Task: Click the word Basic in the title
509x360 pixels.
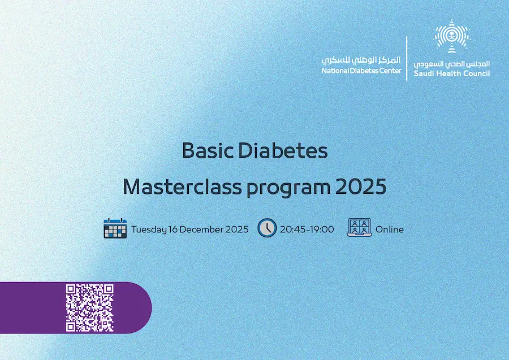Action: coord(208,150)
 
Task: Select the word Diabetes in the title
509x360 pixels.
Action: coord(283,150)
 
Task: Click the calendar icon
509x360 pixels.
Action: coord(115,228)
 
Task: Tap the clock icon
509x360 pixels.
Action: coord(267,228)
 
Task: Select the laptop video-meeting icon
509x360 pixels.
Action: coord(359,227)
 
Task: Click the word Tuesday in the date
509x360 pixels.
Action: coord(149,229)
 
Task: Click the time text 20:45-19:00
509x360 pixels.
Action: coord(307,229)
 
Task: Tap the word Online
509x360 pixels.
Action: coord(390,229)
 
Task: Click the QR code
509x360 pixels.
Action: coord(89,308)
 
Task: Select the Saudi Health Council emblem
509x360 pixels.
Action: coord(452,36)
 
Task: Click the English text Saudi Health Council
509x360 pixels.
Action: coord(452,73)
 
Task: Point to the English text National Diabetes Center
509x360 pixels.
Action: coord(361,71)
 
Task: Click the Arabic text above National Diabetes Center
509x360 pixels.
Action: coord(361,60)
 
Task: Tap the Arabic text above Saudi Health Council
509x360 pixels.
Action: coord(452,64)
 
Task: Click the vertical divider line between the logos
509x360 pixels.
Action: coord(407,58)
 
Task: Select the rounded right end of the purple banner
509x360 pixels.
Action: coord(143,307)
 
